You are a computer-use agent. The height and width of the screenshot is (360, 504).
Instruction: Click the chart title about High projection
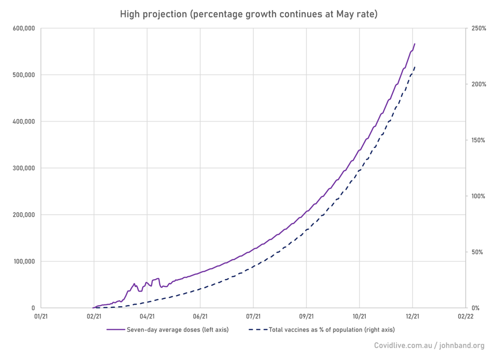coord(249,14)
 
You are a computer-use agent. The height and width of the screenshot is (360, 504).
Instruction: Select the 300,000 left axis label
coord(22,168)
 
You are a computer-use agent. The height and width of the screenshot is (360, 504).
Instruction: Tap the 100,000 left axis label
coord(22,262)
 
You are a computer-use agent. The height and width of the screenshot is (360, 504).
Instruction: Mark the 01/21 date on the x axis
coord(41,317)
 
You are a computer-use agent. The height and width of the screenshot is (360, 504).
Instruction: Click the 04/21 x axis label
coord(147,317)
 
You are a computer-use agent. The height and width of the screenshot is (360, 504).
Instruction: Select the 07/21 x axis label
coord(253,317)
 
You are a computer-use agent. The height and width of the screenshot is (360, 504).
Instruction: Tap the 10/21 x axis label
coord(359,317)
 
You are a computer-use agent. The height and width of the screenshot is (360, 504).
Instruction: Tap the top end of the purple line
coord(414,44)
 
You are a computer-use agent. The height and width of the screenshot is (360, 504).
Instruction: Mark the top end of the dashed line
coord(415,67)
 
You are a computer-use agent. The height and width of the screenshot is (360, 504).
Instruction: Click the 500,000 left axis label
coord(22,75)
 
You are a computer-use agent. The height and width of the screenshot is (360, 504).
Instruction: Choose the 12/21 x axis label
coord(412,317)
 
